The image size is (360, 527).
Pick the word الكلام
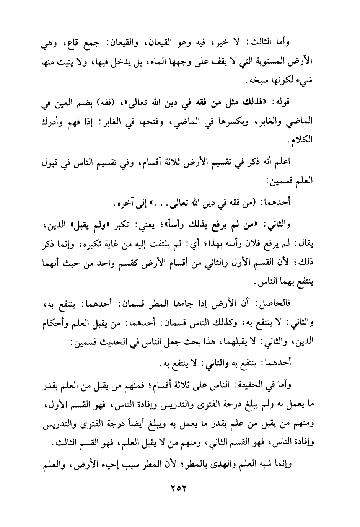(x=303, y=140)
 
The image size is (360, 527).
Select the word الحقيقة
(x=256, y=387)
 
